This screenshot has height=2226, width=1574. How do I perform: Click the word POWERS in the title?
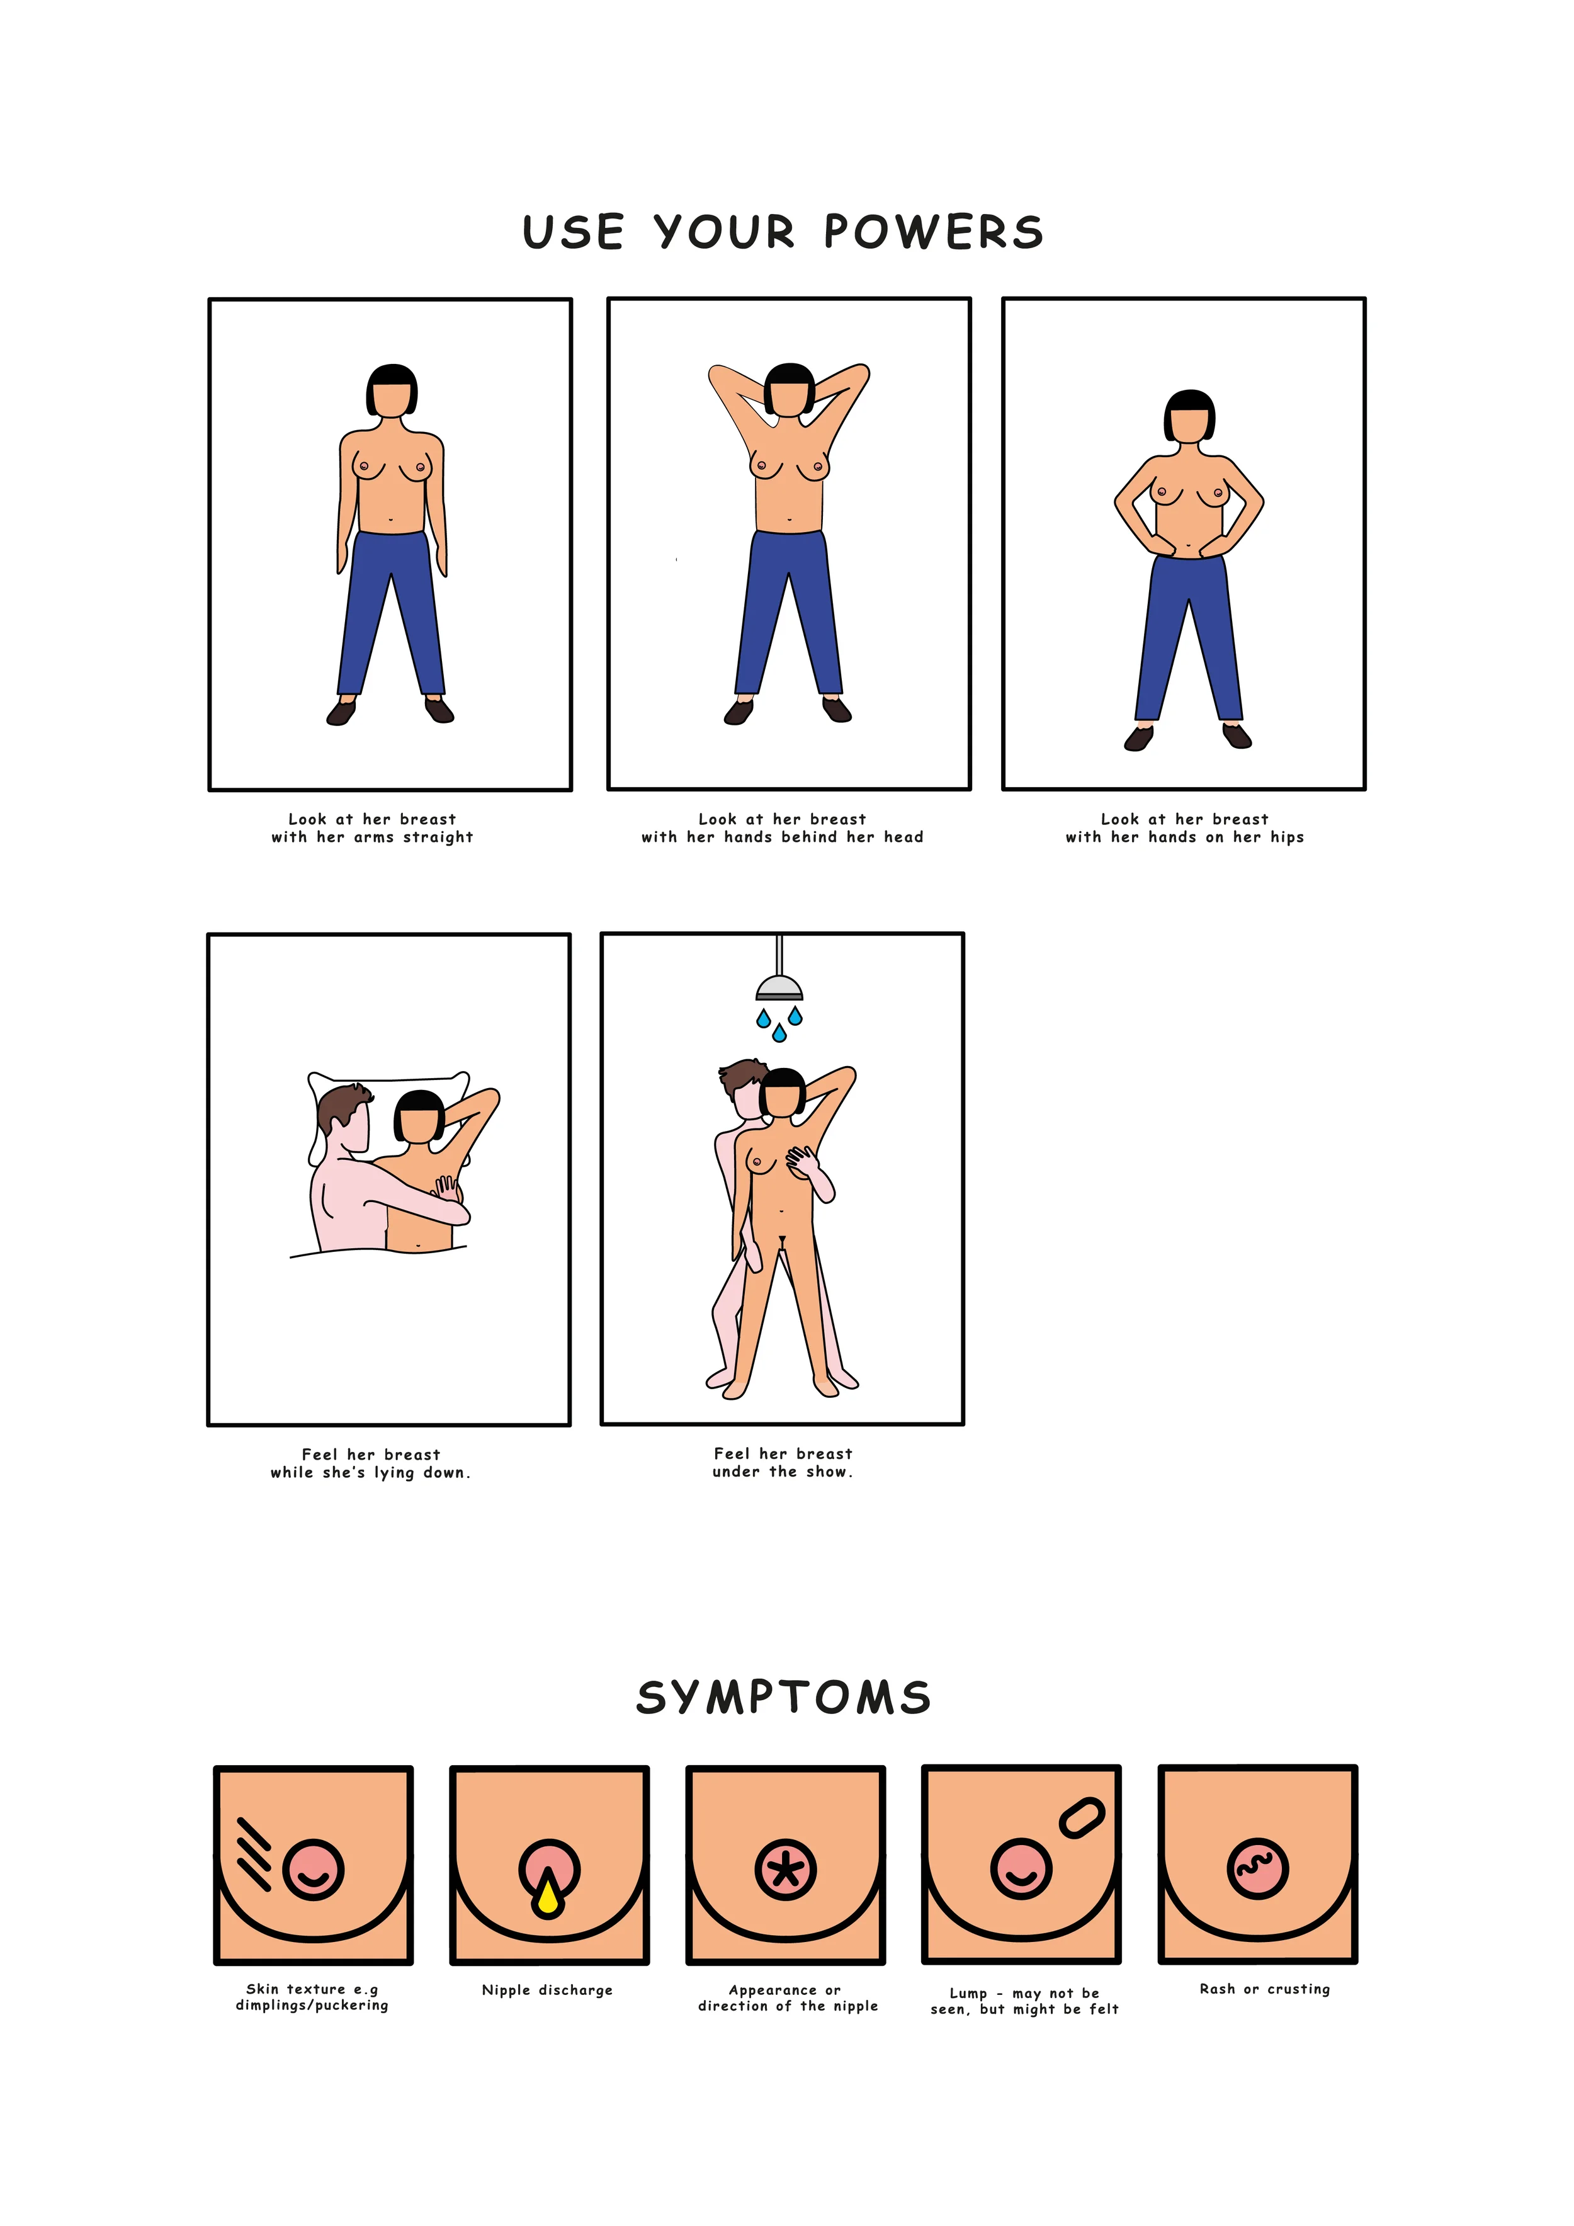point(933,232)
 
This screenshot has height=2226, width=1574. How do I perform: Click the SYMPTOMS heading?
point(783,1696)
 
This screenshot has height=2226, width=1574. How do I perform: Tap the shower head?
point(779,987)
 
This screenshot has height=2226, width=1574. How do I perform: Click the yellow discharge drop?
point(548,1897)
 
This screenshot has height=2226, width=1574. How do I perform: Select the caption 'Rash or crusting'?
point(1265,1989)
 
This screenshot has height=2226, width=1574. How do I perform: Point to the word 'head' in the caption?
point(903,837)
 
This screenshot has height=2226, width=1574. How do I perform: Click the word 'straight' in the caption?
point(438,837)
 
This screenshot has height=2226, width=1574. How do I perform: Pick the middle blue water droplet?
point(779,1033)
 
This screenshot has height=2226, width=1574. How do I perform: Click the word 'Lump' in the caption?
point(968,1994)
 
